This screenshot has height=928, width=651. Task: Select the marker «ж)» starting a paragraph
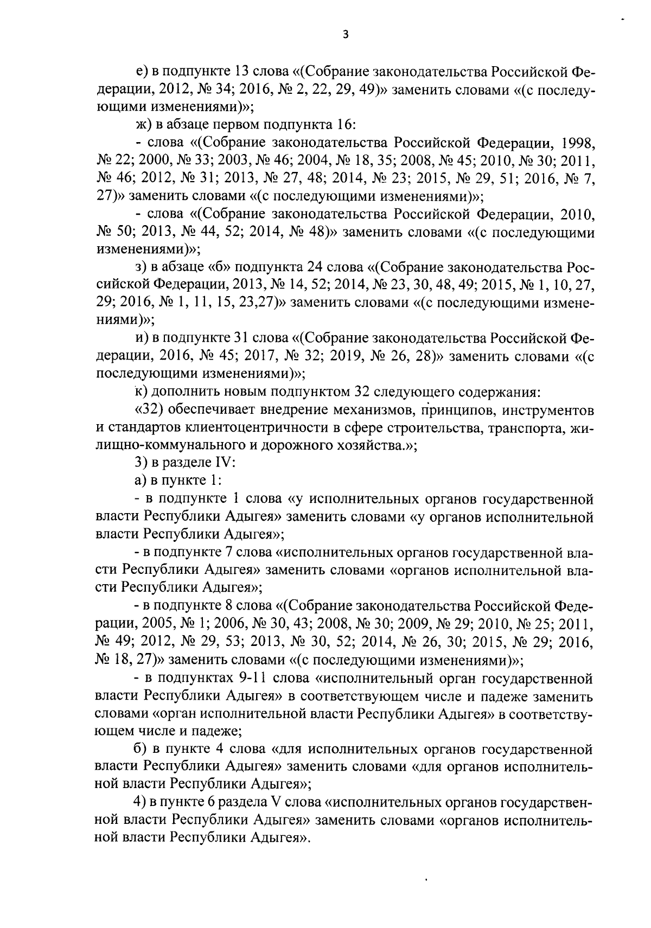point(143,125)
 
